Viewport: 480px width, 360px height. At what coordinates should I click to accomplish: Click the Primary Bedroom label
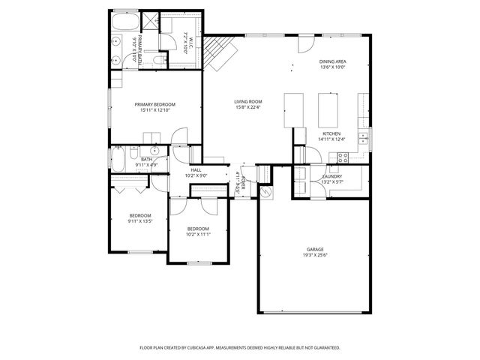pyautogui.click(x=155, y=104)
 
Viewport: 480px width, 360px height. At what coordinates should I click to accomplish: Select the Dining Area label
pyautogui.click(x=333, y=61)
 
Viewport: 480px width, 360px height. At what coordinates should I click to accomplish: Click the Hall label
pyautogui.click(x=196, y=170)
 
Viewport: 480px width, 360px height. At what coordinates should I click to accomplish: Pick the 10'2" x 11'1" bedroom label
pyautogui.click(x=198, y=229)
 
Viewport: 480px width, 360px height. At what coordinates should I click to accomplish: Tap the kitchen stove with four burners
pyautogui.click(x=343, y=157)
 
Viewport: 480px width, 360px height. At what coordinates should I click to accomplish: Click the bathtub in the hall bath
pyautogui.click(x=119, y=160)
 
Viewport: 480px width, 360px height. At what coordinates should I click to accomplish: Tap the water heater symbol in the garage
pyautogui.click(x=265, y=192)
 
